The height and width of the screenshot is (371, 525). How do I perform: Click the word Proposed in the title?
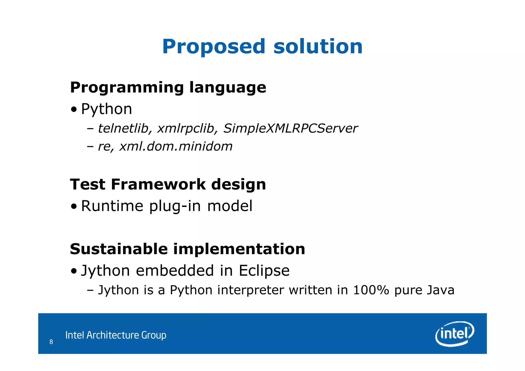214,47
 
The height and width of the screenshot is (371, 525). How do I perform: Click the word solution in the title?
318,46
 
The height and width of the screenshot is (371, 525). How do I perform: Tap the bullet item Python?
106,109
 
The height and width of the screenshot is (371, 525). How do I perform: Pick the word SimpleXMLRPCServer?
290,128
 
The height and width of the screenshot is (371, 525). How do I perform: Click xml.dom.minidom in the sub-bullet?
176,146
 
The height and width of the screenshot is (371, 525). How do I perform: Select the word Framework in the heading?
158,184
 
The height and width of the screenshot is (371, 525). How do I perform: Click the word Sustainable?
119,249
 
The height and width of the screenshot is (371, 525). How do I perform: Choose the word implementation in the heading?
239,249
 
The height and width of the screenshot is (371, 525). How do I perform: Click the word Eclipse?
264,270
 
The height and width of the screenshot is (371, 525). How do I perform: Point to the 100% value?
371,290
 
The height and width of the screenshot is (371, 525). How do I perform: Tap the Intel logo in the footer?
455,334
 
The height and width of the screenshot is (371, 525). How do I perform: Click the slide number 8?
51,342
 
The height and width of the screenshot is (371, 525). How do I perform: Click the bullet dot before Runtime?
74,206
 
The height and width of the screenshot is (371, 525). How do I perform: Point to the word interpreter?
250,290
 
